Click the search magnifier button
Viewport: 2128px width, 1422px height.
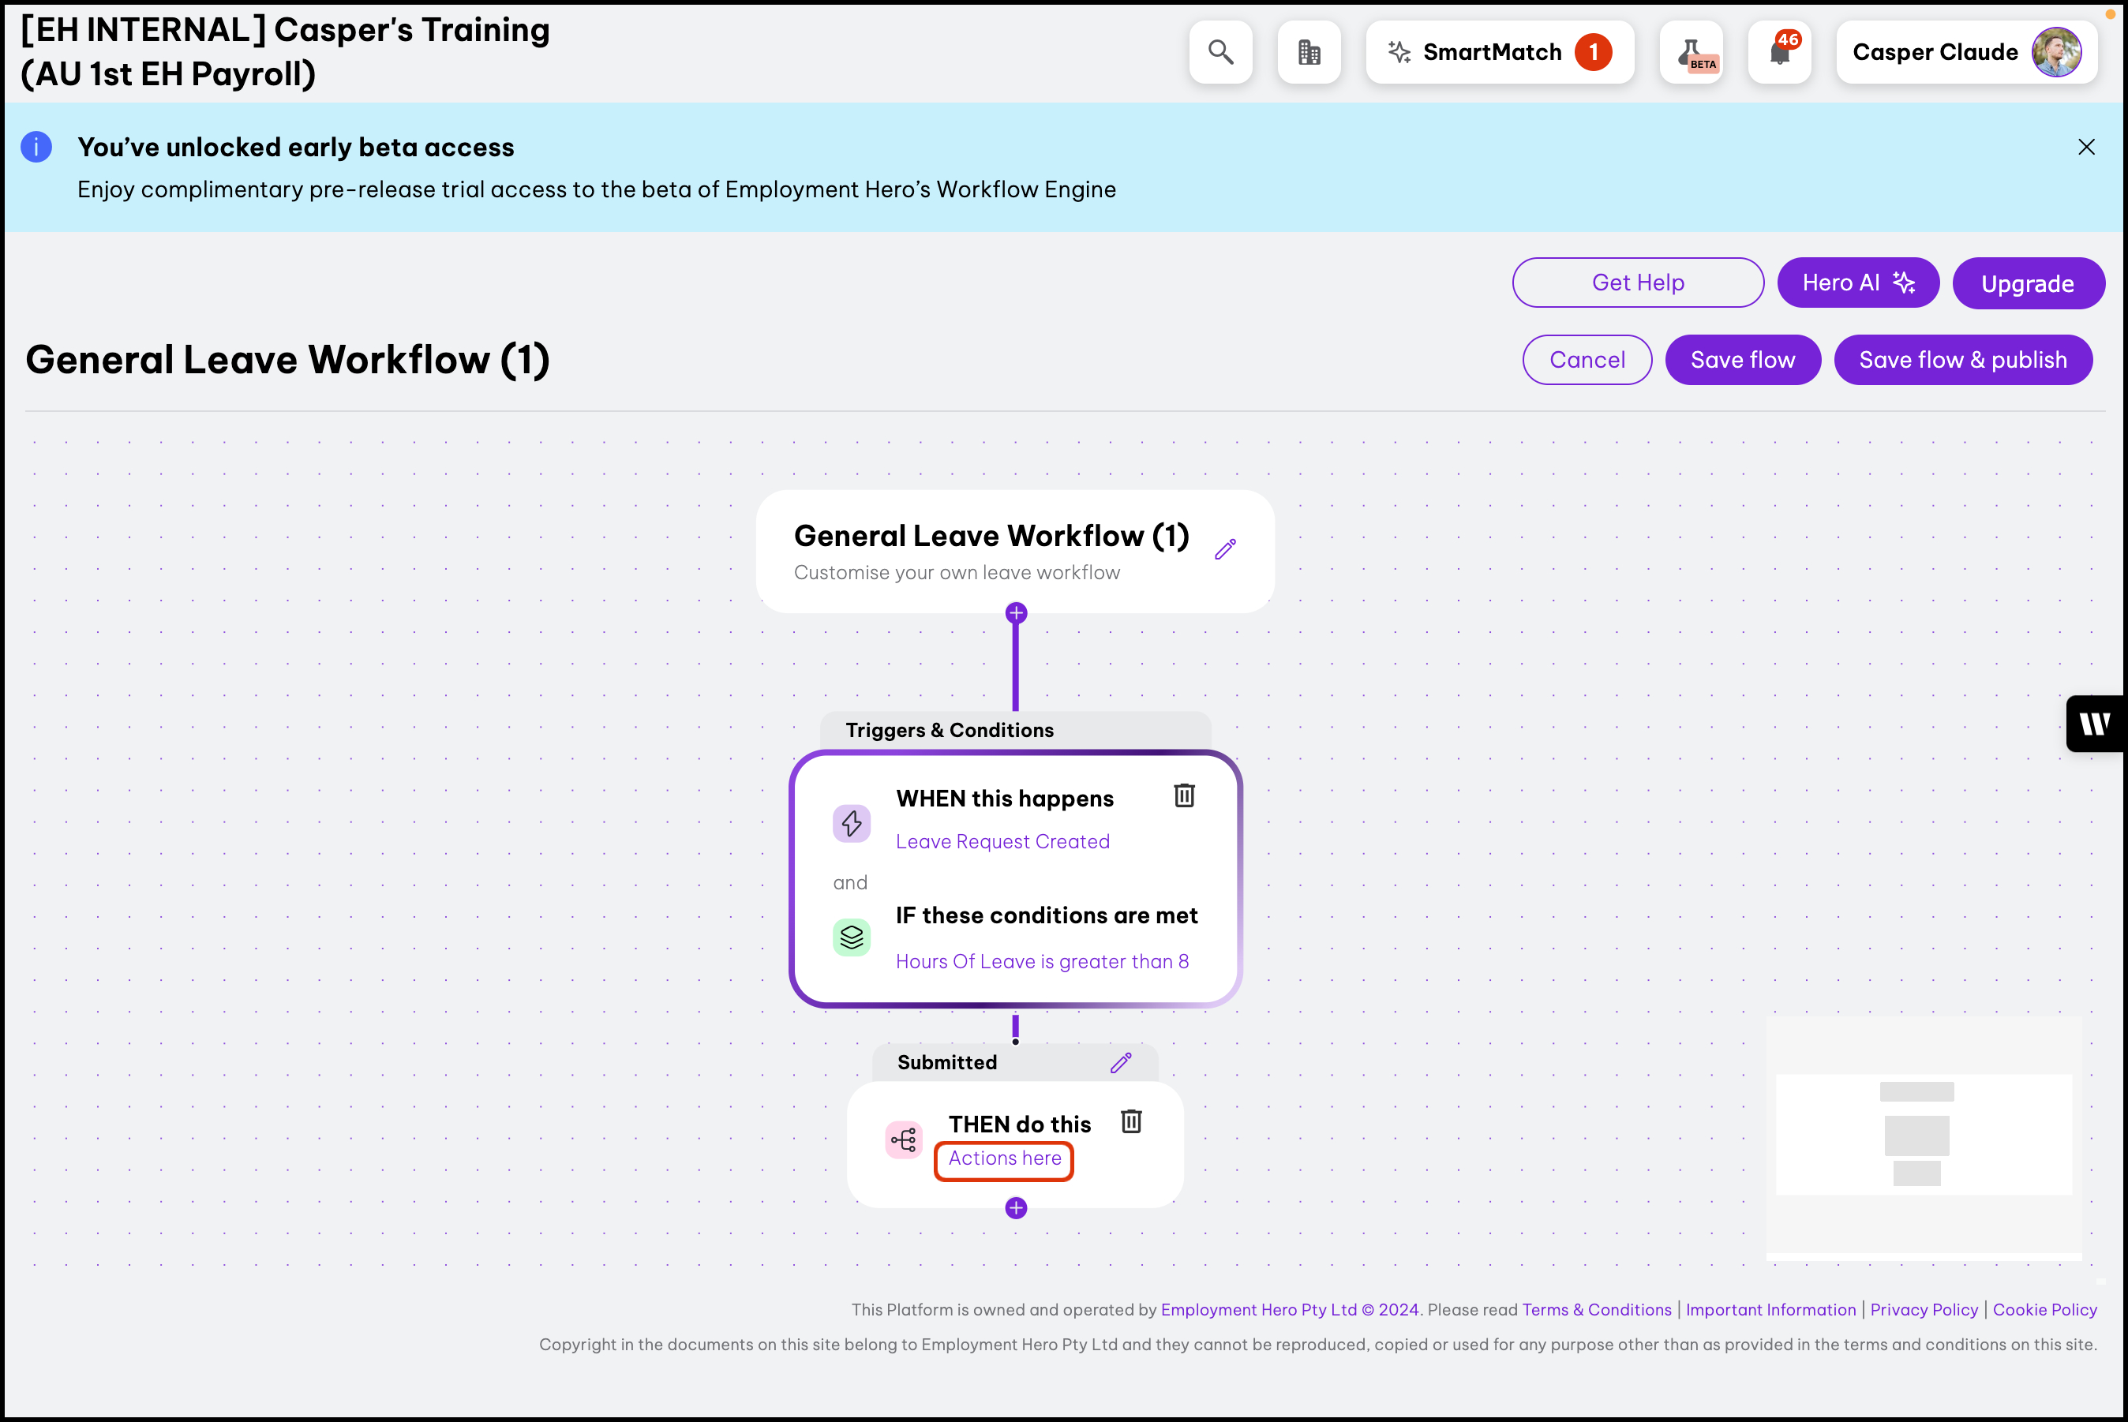1221,53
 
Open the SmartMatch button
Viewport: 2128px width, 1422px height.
1500,53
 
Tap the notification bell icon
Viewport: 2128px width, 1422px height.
1780,53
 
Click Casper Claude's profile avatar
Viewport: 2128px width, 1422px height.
2056,53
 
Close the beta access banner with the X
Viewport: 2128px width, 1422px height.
2086,147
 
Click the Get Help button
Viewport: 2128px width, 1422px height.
1638,283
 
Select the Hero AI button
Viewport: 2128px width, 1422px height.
1858,283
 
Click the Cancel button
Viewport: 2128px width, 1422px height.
1587,360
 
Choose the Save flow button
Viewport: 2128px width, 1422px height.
1743,360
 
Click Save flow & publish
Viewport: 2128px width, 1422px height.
1963,360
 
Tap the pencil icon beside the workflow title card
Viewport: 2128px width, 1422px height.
1226,548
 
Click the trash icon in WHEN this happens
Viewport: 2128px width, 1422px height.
1185,795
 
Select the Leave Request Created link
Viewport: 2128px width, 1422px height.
1002,841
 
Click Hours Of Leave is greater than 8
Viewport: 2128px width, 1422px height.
1042,961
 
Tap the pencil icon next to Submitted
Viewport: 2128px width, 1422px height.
1121,1062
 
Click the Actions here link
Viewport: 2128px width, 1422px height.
1005,1158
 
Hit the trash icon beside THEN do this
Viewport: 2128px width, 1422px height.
1131,1122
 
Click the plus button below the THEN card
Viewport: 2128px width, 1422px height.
1016,1208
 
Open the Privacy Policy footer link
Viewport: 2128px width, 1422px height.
1924,1309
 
